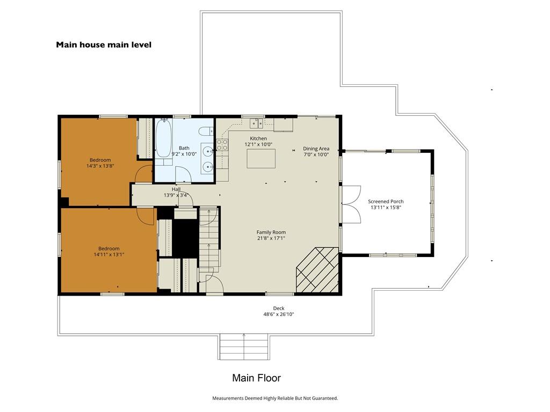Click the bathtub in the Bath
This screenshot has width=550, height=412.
click(x=163, y=138)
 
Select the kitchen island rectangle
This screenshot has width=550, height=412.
click(x=261, y=158)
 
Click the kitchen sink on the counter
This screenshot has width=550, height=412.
click(x=256, y=123)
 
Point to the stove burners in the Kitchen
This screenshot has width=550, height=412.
click(x=222, y=145)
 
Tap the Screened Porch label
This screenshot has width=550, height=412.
click(x=386, y=202)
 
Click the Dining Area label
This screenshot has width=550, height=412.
click(x=316, y=149)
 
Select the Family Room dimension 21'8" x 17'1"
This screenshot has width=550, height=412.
click(x=271, y=238)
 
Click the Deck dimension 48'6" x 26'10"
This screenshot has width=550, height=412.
click(x=279, y=314)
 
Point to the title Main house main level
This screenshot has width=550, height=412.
click(x=104, y=45)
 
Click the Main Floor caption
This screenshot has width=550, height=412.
click(x=256, y=378)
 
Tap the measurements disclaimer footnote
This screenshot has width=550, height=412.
click(x=275, y=398)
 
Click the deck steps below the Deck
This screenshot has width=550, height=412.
click(x=244, y=347)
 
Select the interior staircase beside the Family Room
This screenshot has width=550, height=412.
click(x=209, y=238)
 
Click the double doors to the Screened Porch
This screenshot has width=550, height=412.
click(x=351, y=204)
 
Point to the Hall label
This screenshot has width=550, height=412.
click(x=176, y=189)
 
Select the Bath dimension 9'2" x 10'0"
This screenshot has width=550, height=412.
click(x=184, y=154)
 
